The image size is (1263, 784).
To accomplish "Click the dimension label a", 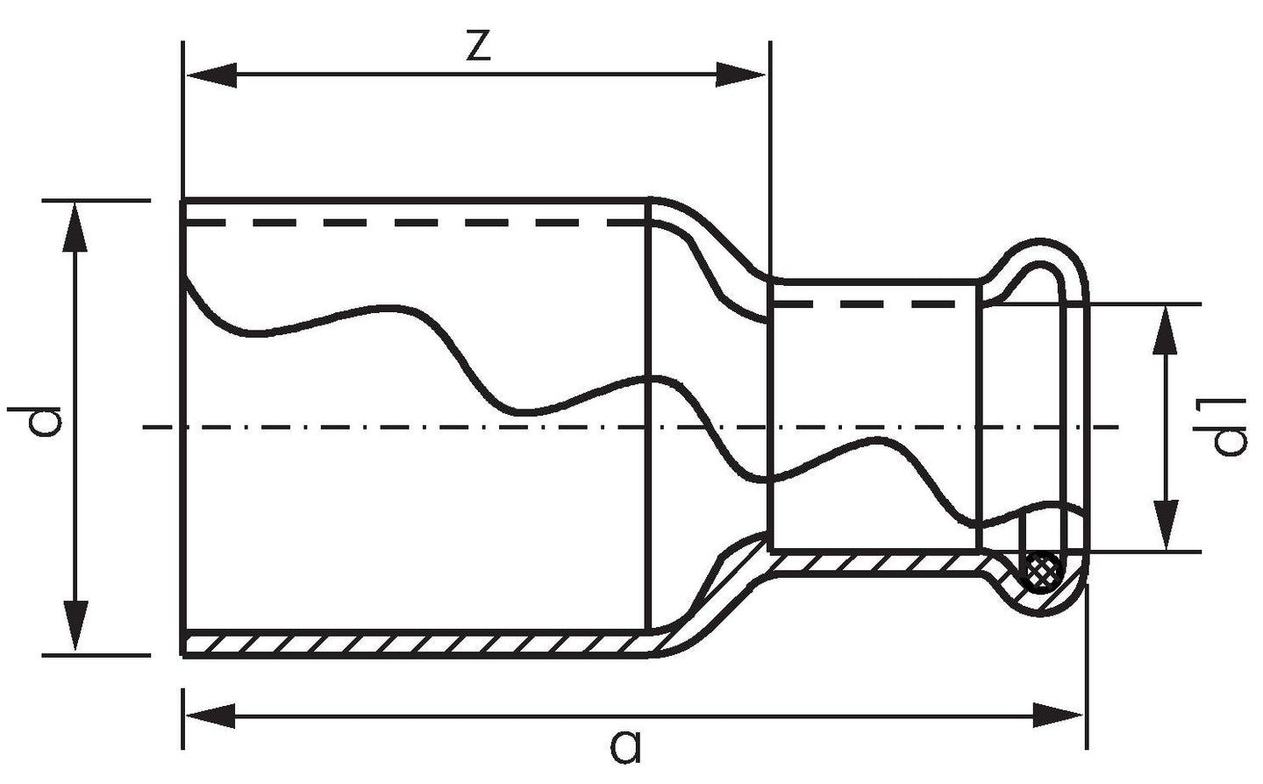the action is (626, 746).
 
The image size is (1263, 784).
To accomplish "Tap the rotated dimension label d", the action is (35, 420).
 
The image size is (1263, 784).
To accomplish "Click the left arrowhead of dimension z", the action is (210, 75).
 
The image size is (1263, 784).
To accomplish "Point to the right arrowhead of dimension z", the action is (740, 75).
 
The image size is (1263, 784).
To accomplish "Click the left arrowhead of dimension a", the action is (210, 716).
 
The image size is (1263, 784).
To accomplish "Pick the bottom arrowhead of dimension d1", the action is (1166, 524).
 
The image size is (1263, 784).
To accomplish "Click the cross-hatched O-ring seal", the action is (1042, 572).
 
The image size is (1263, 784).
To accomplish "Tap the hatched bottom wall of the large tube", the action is (417, 644).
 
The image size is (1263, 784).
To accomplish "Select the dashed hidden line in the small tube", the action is (864, 304).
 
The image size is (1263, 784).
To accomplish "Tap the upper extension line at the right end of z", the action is (770, 163).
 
